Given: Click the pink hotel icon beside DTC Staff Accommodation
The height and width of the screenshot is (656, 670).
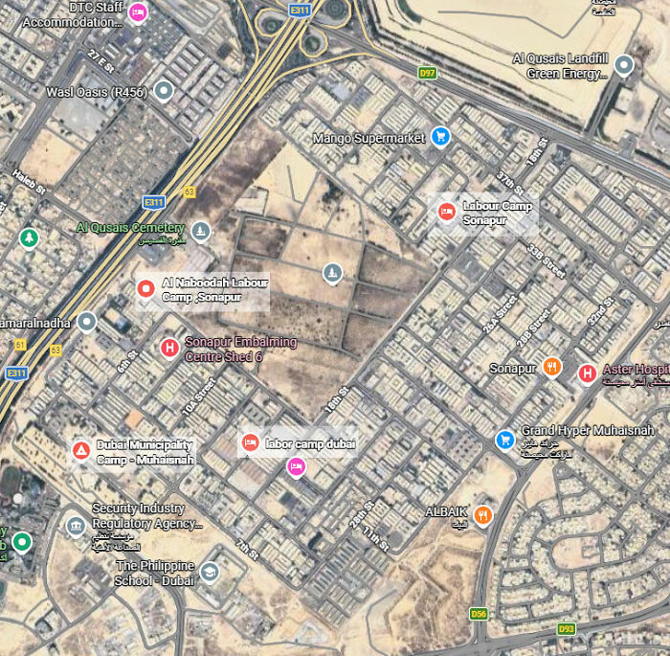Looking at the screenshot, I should (138, 11).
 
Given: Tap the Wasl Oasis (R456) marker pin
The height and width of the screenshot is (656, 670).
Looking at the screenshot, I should (164, 91).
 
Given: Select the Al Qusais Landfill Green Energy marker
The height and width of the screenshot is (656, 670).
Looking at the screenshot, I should (624, 65).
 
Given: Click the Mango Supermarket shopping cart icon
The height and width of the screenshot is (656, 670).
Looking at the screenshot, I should (440, 138).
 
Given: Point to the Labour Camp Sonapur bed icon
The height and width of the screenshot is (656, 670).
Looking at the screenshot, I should (446, 212).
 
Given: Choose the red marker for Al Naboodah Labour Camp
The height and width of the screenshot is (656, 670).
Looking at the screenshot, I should (145, 288).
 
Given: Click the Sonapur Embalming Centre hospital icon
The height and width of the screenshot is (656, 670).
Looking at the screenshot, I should (169, 348).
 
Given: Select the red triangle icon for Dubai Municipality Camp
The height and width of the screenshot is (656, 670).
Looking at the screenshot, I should (81, 450).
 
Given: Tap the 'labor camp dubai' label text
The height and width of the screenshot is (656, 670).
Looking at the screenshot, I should (310, 443).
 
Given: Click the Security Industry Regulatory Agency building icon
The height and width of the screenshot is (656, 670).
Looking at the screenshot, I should (76, 526).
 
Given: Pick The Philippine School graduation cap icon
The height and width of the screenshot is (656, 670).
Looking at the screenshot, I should (209, 572).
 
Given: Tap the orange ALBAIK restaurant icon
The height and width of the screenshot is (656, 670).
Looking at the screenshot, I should (483, 513).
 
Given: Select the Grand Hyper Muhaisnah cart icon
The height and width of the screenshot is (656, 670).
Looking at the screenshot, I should (504, 440).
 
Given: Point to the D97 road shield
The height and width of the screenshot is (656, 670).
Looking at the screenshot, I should (428, 73).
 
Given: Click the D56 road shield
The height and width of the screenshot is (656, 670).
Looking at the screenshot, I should (479, 613).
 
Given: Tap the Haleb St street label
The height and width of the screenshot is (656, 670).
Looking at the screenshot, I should (29, 182).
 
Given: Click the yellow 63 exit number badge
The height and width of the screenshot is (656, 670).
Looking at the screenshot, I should (190, 192).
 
